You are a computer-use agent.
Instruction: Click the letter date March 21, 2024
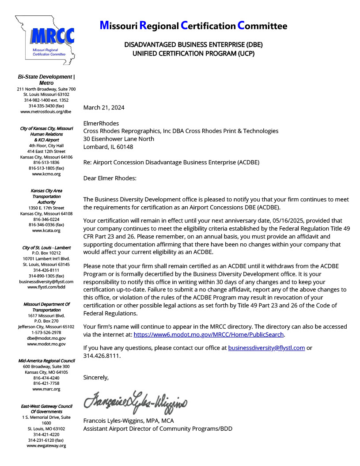tap(104, 107)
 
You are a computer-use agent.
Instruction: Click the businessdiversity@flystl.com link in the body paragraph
tap(266, 348)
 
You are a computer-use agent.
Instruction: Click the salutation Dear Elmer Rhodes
tap(110, 178)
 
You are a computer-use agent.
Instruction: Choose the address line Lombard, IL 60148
tap(108, 147)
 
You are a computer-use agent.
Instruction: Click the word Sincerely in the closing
tap(96, 377)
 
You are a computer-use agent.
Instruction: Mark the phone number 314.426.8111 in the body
tap(102, 356)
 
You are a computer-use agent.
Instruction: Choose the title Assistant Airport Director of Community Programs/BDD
tap(158, 428)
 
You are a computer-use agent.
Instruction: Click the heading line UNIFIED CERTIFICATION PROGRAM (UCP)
tap(193, 53)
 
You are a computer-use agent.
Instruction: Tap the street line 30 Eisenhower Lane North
tap(119, 139)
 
